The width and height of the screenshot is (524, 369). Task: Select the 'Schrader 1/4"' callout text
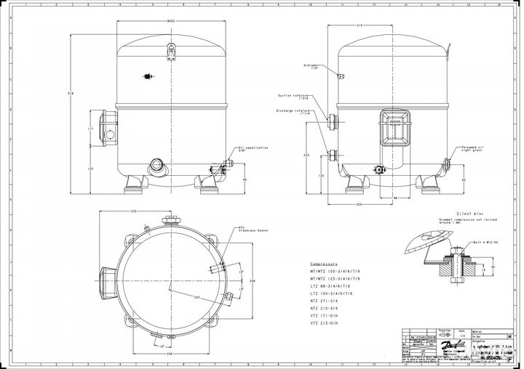pos(311,67)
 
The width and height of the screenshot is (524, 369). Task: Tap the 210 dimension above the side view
pos(360,25)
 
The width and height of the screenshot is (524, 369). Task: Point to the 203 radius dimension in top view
pos(197,297)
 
